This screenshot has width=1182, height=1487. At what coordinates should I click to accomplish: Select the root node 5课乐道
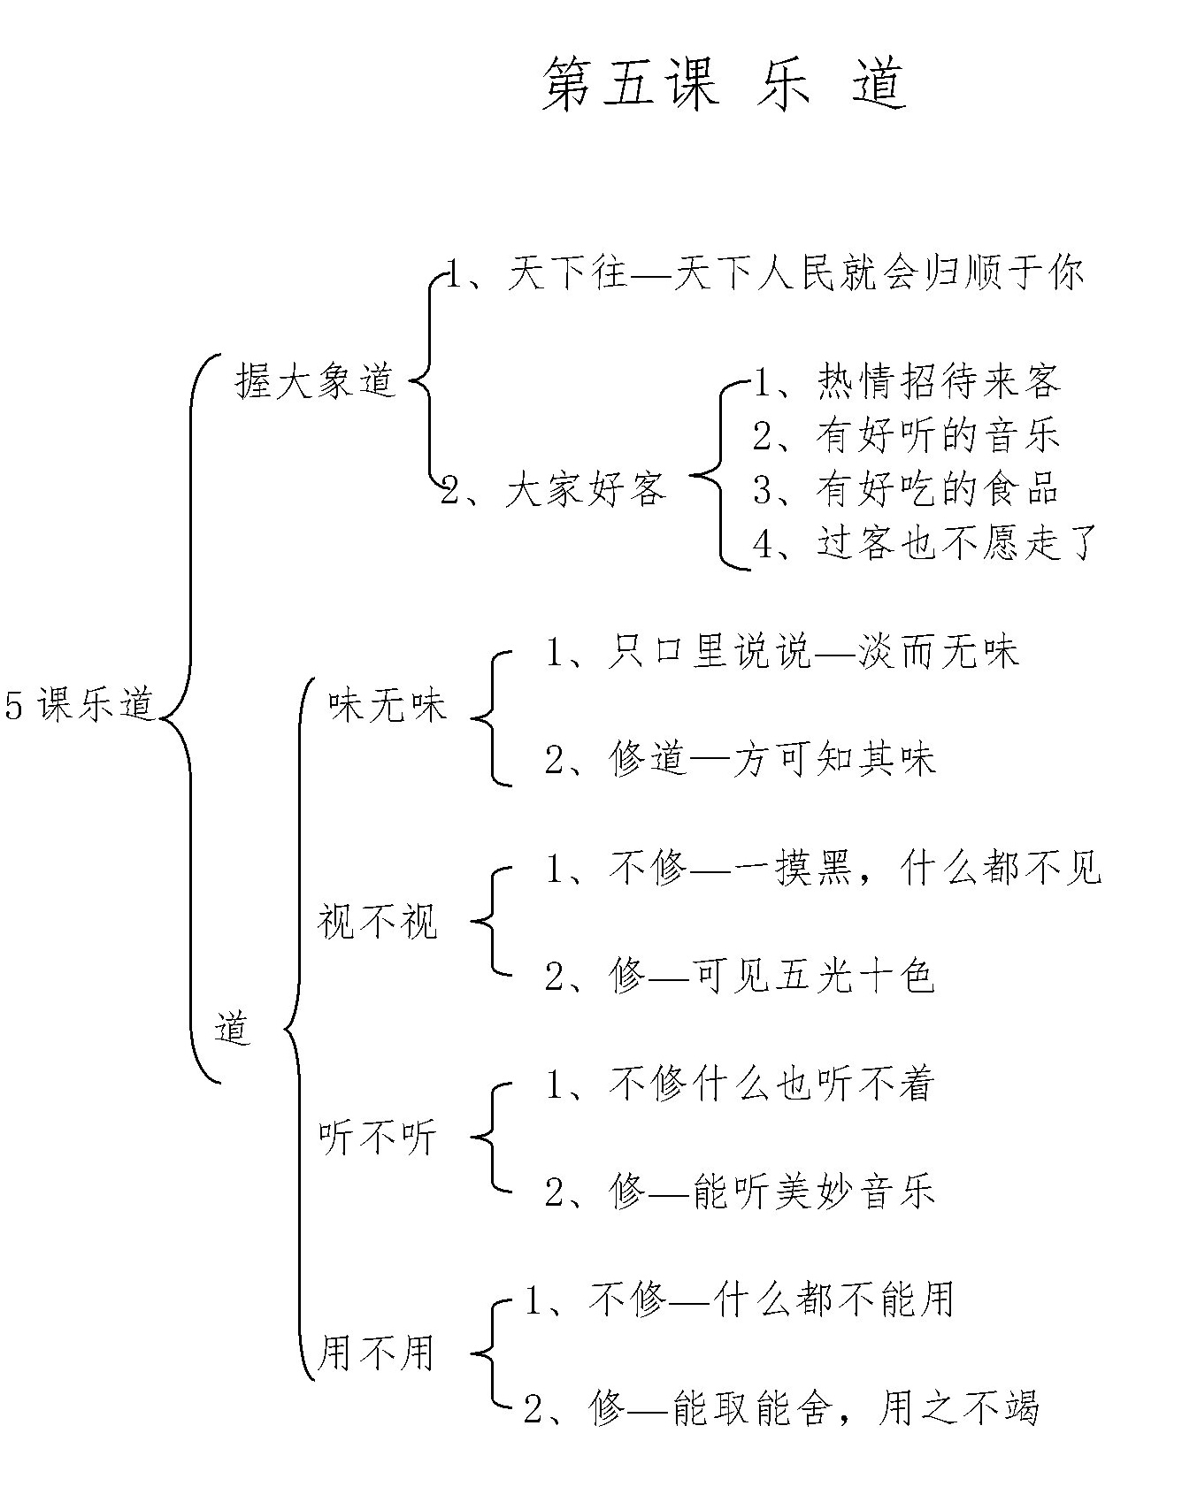coord(80,706)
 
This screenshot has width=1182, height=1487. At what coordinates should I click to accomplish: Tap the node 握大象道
coord(314,381)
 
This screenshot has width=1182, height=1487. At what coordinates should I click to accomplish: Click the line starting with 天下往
coord(764,273)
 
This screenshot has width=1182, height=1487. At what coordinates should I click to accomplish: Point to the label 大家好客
coord(554,488)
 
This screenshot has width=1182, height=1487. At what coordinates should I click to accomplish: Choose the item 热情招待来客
coord(907,381)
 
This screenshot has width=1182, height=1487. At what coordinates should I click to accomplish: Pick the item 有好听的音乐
coord(907,434)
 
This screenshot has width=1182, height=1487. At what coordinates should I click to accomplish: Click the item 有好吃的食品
coord(907,488)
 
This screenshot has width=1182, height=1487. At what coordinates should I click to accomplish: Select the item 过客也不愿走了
coord(925,541)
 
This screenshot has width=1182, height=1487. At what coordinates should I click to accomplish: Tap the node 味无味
coord(388,706)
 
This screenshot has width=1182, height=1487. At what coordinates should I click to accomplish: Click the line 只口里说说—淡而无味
coord(783,652)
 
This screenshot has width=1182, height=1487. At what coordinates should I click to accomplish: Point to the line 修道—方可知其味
coord(741,759)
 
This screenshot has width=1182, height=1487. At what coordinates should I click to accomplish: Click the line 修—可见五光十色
coord(741,977)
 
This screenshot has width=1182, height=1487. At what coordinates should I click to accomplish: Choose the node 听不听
coord(378,1138)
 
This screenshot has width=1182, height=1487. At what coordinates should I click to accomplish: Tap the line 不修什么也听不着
coord(741,1085)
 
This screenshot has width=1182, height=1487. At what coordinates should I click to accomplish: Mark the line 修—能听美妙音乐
coord(741,1192)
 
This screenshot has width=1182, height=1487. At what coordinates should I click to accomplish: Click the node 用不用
coord(375,1353)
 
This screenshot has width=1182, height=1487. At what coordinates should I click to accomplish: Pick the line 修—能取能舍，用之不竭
coord(782,1407)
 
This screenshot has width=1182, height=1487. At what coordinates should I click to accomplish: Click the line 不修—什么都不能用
coord(740,1300)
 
